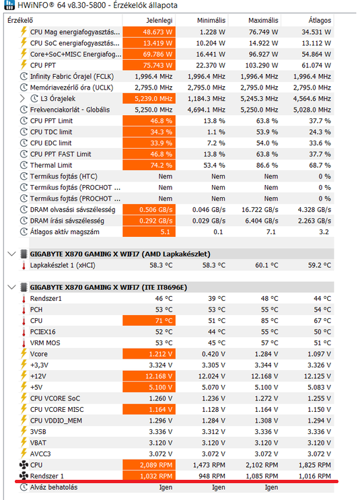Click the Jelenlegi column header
pyautogui.click(x=159, y=20)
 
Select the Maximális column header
pyautogui.click(x=263, y=20)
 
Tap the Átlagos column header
pyautogui.click(x=320, y=20)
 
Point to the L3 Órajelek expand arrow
pyautogui.click(x=22, y=98)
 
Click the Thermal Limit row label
pyautogui.click(x=51, y=165)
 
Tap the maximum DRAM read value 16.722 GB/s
pyautogui.click(x=260, y=209)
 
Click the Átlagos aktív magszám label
pyautogui.click(x=65, y=231)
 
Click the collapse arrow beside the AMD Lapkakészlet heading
pyautogui.click(x=12, y=254)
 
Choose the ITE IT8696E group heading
pyautogui.click(x=108, y=287)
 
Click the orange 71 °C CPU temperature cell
pyautogui.click(x=149, y=320)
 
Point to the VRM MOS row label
pyautogui.click(x=45, y=343)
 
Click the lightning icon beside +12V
pyautogui.click(x=24, y=376)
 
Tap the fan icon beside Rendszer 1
pyautogui.click(x=24, y=476)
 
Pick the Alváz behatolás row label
pyautogui.click(x=54, y=487)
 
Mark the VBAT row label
pyautogui.click(x=38, y=443)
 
